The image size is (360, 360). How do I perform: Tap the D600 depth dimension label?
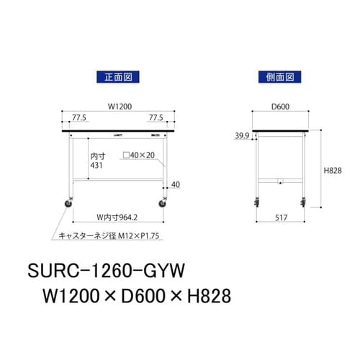pyautogui.click(x=280, y=107)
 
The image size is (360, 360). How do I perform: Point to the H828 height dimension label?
pyautogui.click(x=331, y=170)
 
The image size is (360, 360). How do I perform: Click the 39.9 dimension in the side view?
pyautogui.click(x=243, y=135)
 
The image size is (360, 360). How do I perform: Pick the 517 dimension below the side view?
pyautogui.click(x=281, y=216)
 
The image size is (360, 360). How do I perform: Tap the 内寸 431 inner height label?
pyautogui.click(x=96, y=160)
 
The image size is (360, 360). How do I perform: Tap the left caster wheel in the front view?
pyautogui.click(x=69, y=204)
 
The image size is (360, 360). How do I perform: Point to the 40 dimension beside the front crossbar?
pyautogui.click(x=174, y=186)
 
